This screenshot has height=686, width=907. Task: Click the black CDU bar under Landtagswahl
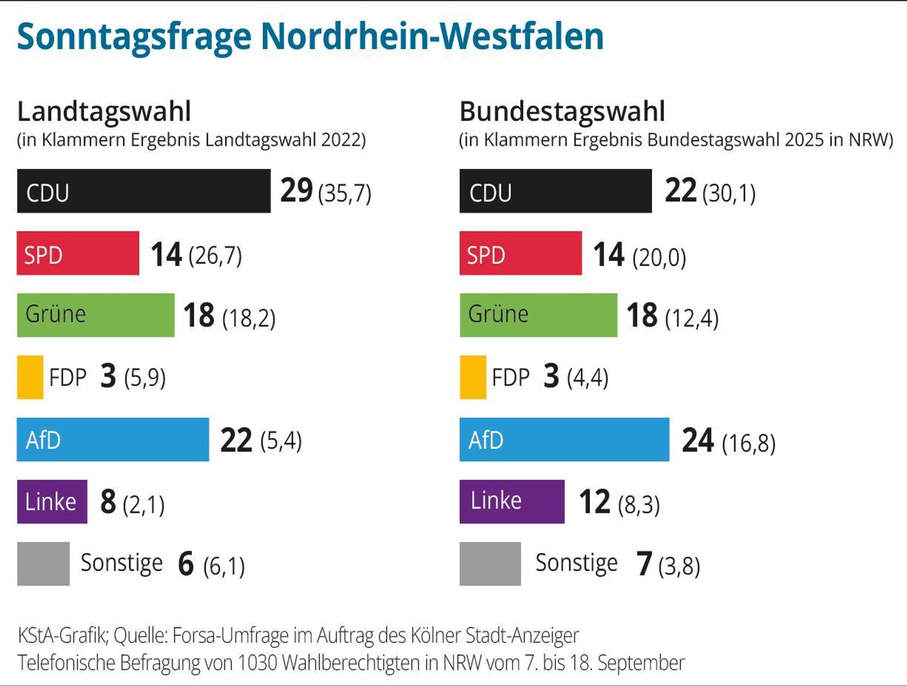click(144, 191)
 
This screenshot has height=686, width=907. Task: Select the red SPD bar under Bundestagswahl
click(521, 253)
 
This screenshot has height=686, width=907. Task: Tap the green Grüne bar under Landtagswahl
click(96, 315)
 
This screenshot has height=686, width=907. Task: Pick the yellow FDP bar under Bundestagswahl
click(473, 377)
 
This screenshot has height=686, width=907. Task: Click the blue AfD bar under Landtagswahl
click(113, 440)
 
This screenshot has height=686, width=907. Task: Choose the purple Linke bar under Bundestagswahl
click(512, 502)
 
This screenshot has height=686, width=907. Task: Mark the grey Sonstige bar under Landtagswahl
click(44, 564)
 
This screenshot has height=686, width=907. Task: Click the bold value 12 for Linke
click(595, 502)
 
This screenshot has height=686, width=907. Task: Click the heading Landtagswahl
click(104, 112)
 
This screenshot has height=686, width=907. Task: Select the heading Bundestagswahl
click(562, 112)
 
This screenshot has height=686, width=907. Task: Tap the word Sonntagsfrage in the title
click(134, 37)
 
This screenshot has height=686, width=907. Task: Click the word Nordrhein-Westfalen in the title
click(432, 36)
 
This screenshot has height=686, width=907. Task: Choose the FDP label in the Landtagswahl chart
click(68, 377)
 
